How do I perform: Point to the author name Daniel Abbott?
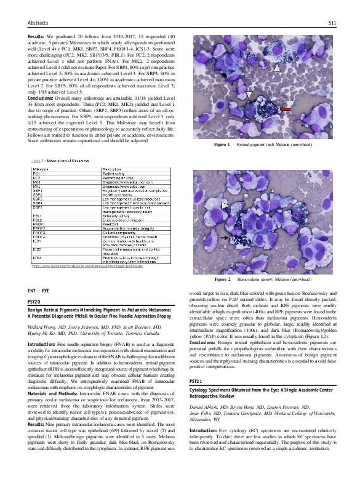coord(204,408)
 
